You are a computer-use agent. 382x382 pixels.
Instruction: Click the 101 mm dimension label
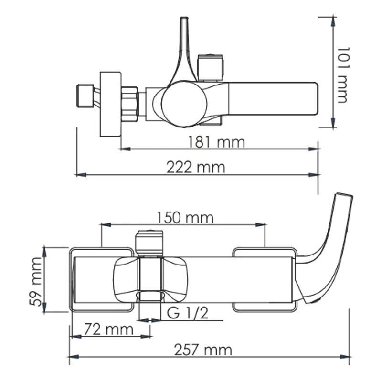[341, 74]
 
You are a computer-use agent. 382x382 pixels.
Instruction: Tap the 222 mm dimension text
[195, 167]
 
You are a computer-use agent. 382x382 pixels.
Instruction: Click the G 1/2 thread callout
[189, 313]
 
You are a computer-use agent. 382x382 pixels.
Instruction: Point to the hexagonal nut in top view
[130, 103]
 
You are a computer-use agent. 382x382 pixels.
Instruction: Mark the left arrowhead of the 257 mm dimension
[72, 356]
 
